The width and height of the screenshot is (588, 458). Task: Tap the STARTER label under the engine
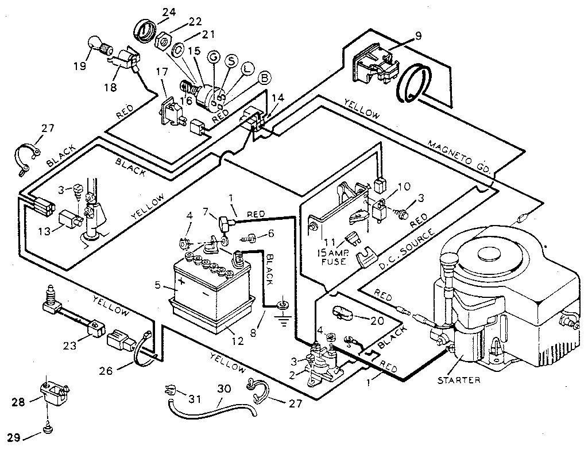coord(459,380)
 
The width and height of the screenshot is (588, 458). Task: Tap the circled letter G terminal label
coord(214,56)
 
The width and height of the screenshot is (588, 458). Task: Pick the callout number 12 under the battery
coord(237,341)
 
